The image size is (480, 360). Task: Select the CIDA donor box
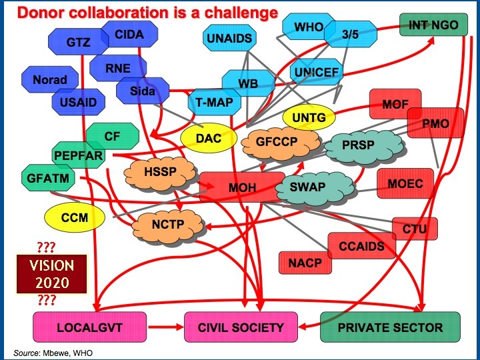(129, 33)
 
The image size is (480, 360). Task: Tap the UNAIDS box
(230, 38)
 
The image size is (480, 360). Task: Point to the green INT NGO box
(433, 25)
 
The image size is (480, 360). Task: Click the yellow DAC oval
(208, 138)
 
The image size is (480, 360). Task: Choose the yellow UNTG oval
(309, 118)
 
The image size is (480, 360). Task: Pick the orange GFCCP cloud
(276, 141)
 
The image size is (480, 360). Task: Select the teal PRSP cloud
(358, 145)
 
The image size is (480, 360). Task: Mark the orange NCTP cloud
(168, 224)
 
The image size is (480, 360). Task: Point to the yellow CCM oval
(75, 217)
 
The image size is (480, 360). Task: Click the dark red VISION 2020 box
(52, 273)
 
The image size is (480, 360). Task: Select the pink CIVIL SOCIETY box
(241, 327)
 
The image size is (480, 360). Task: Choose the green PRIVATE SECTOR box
(390, 327)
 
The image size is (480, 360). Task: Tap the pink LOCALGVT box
(88, 327)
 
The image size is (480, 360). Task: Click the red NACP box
(305, 263)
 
